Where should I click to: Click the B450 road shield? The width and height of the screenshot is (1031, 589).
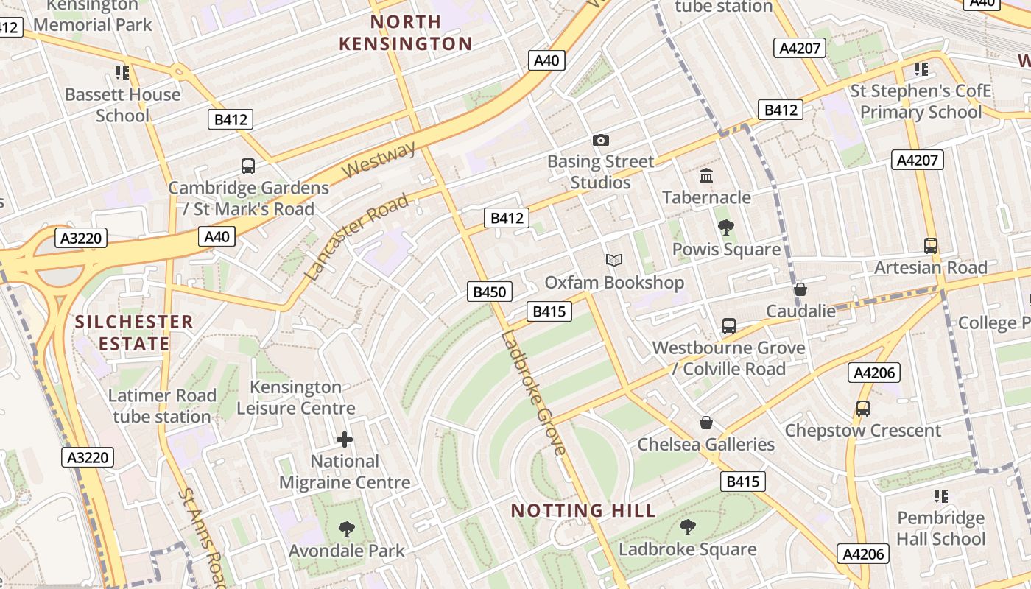click(x=490, y=292)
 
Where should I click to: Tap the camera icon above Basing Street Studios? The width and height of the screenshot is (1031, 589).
click(x=601, y=140)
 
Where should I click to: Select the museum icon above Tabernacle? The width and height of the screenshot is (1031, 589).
click(x=706, y=176)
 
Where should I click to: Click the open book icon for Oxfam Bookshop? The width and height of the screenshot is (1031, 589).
click(x=614, y=260)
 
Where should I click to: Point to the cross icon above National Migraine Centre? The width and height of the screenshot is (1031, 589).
click(x=344, y=440)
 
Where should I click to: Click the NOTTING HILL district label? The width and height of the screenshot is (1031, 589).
click(x=583, y=510)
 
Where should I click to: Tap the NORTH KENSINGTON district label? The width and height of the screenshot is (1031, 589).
click(x=406, y=32)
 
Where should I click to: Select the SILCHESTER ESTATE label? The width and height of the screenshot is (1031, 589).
click(x=134, y=333)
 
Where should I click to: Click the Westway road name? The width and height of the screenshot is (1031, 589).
click(x=380, y=160)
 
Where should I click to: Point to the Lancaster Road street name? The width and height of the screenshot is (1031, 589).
click(x=356, y=237)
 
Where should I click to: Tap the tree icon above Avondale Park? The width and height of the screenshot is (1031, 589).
click(x=346, y=529)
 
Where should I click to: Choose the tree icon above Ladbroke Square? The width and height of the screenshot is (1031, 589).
click(x=687, y=526)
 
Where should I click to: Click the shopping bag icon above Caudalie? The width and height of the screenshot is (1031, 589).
click(x=800, y=289)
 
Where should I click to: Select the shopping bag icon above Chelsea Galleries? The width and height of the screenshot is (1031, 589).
click(x=706, y=423)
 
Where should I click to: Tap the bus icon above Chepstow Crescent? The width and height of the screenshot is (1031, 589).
click(x=862, y=408)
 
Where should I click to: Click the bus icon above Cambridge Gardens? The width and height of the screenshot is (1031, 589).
click(x=248, y=166)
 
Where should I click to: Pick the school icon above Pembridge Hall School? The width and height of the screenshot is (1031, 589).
click(x=940, y=496)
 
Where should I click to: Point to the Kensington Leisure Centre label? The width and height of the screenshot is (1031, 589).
click(x=295, y=398)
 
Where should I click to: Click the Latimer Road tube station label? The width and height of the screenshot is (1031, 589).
click(x=162, y=406)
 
